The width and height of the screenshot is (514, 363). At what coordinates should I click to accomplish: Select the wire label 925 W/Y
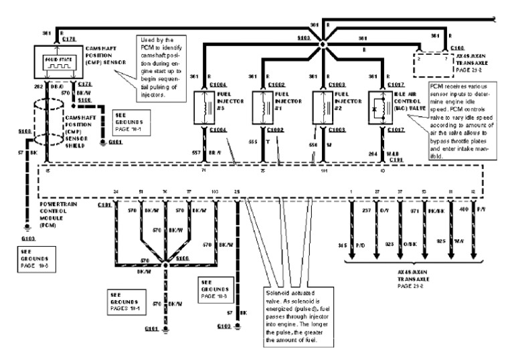(x=442, y=239)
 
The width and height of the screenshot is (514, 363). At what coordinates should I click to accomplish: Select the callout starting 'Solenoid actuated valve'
(x=294, y=320)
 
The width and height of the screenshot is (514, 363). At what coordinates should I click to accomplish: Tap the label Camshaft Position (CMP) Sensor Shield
(x=84, y=130)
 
